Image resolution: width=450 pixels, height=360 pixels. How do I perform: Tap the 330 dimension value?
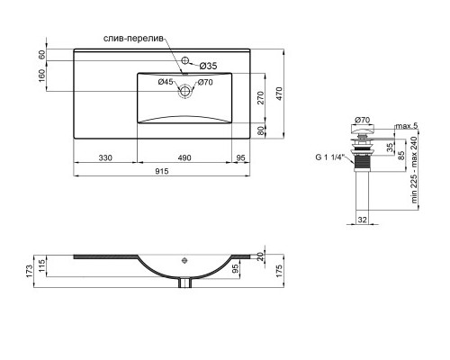pos(104,159)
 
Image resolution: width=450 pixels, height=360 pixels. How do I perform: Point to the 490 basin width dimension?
pos(184,159)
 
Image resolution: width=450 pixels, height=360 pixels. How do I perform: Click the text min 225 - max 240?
pos(415,175)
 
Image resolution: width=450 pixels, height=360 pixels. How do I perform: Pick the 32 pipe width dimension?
pos(362,219)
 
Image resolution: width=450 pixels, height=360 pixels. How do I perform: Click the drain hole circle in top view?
pos(186,90)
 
